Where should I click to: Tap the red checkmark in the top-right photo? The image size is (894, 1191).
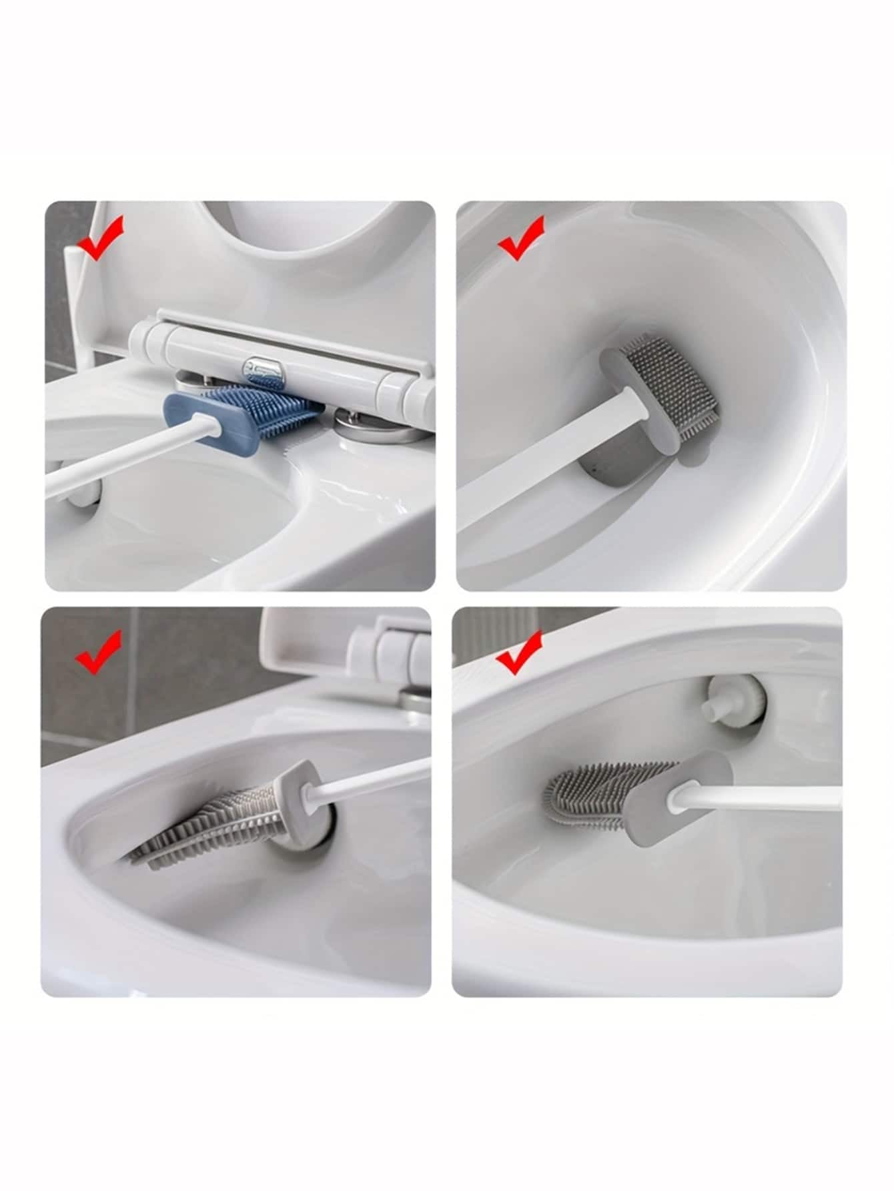pos(521,238)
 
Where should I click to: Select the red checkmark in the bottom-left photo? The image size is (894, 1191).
pos(98,652)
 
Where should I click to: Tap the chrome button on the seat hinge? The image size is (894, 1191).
pos(265,367)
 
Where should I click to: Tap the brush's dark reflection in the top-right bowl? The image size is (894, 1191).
pos(610,467)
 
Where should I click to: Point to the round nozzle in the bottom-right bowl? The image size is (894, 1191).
pos(734,701)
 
